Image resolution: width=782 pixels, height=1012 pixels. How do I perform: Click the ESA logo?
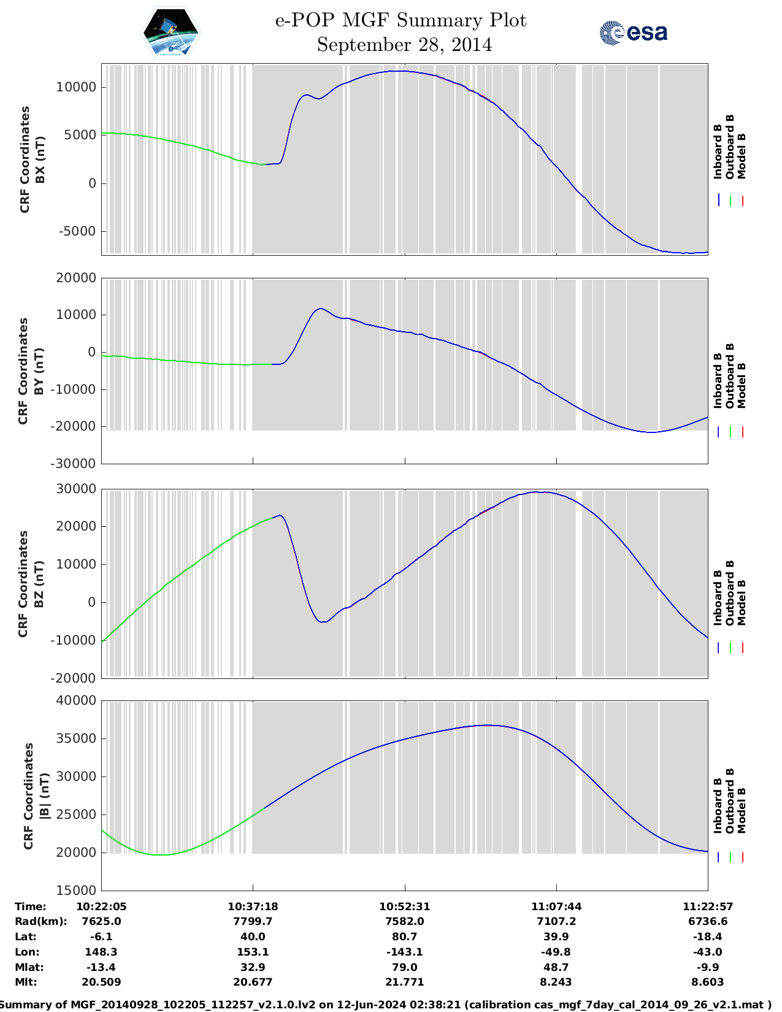(633, 33)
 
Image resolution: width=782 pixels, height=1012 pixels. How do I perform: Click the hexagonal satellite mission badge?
(171, 33)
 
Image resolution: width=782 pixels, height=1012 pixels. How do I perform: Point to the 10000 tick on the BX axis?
(77, 87)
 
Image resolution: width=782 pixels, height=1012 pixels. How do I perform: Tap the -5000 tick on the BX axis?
(78, 231)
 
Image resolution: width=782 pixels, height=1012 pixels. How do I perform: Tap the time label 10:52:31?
(404, 906)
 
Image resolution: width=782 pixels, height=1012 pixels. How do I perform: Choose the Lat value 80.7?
(404, 937)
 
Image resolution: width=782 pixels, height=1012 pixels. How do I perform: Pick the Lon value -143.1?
(404, 952)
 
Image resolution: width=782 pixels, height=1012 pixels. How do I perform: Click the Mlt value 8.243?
(556, 982)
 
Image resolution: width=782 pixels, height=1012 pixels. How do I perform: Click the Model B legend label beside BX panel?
(742, 156)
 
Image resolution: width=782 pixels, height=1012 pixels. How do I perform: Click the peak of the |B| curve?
(488, 725)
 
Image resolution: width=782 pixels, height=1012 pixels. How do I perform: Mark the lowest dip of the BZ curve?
(323, 622)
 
